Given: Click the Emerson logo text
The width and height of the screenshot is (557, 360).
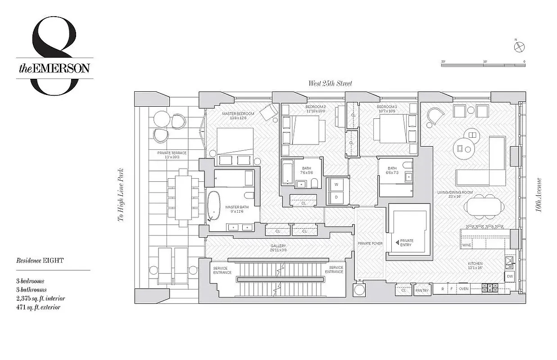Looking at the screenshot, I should coord(54,68).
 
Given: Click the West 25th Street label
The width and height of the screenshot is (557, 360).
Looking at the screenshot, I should coord(330,83).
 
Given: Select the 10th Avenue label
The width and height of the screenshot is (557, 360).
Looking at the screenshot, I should coord(539,196).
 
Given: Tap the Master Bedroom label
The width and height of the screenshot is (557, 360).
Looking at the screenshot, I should coord(238,114).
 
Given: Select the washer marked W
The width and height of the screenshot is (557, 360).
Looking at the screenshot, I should coord(335,185).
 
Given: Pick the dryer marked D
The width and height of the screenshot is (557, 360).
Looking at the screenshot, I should coord(335,197).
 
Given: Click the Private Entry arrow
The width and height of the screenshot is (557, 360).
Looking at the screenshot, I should coord(397,243).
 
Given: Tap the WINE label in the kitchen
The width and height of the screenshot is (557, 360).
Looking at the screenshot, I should coord(466,245).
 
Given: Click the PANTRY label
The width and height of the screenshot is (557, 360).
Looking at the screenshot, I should coord(422,291).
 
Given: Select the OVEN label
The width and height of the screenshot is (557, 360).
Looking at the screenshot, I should coord(464,288).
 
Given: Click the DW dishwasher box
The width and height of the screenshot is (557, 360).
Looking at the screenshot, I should coord(510,276).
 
